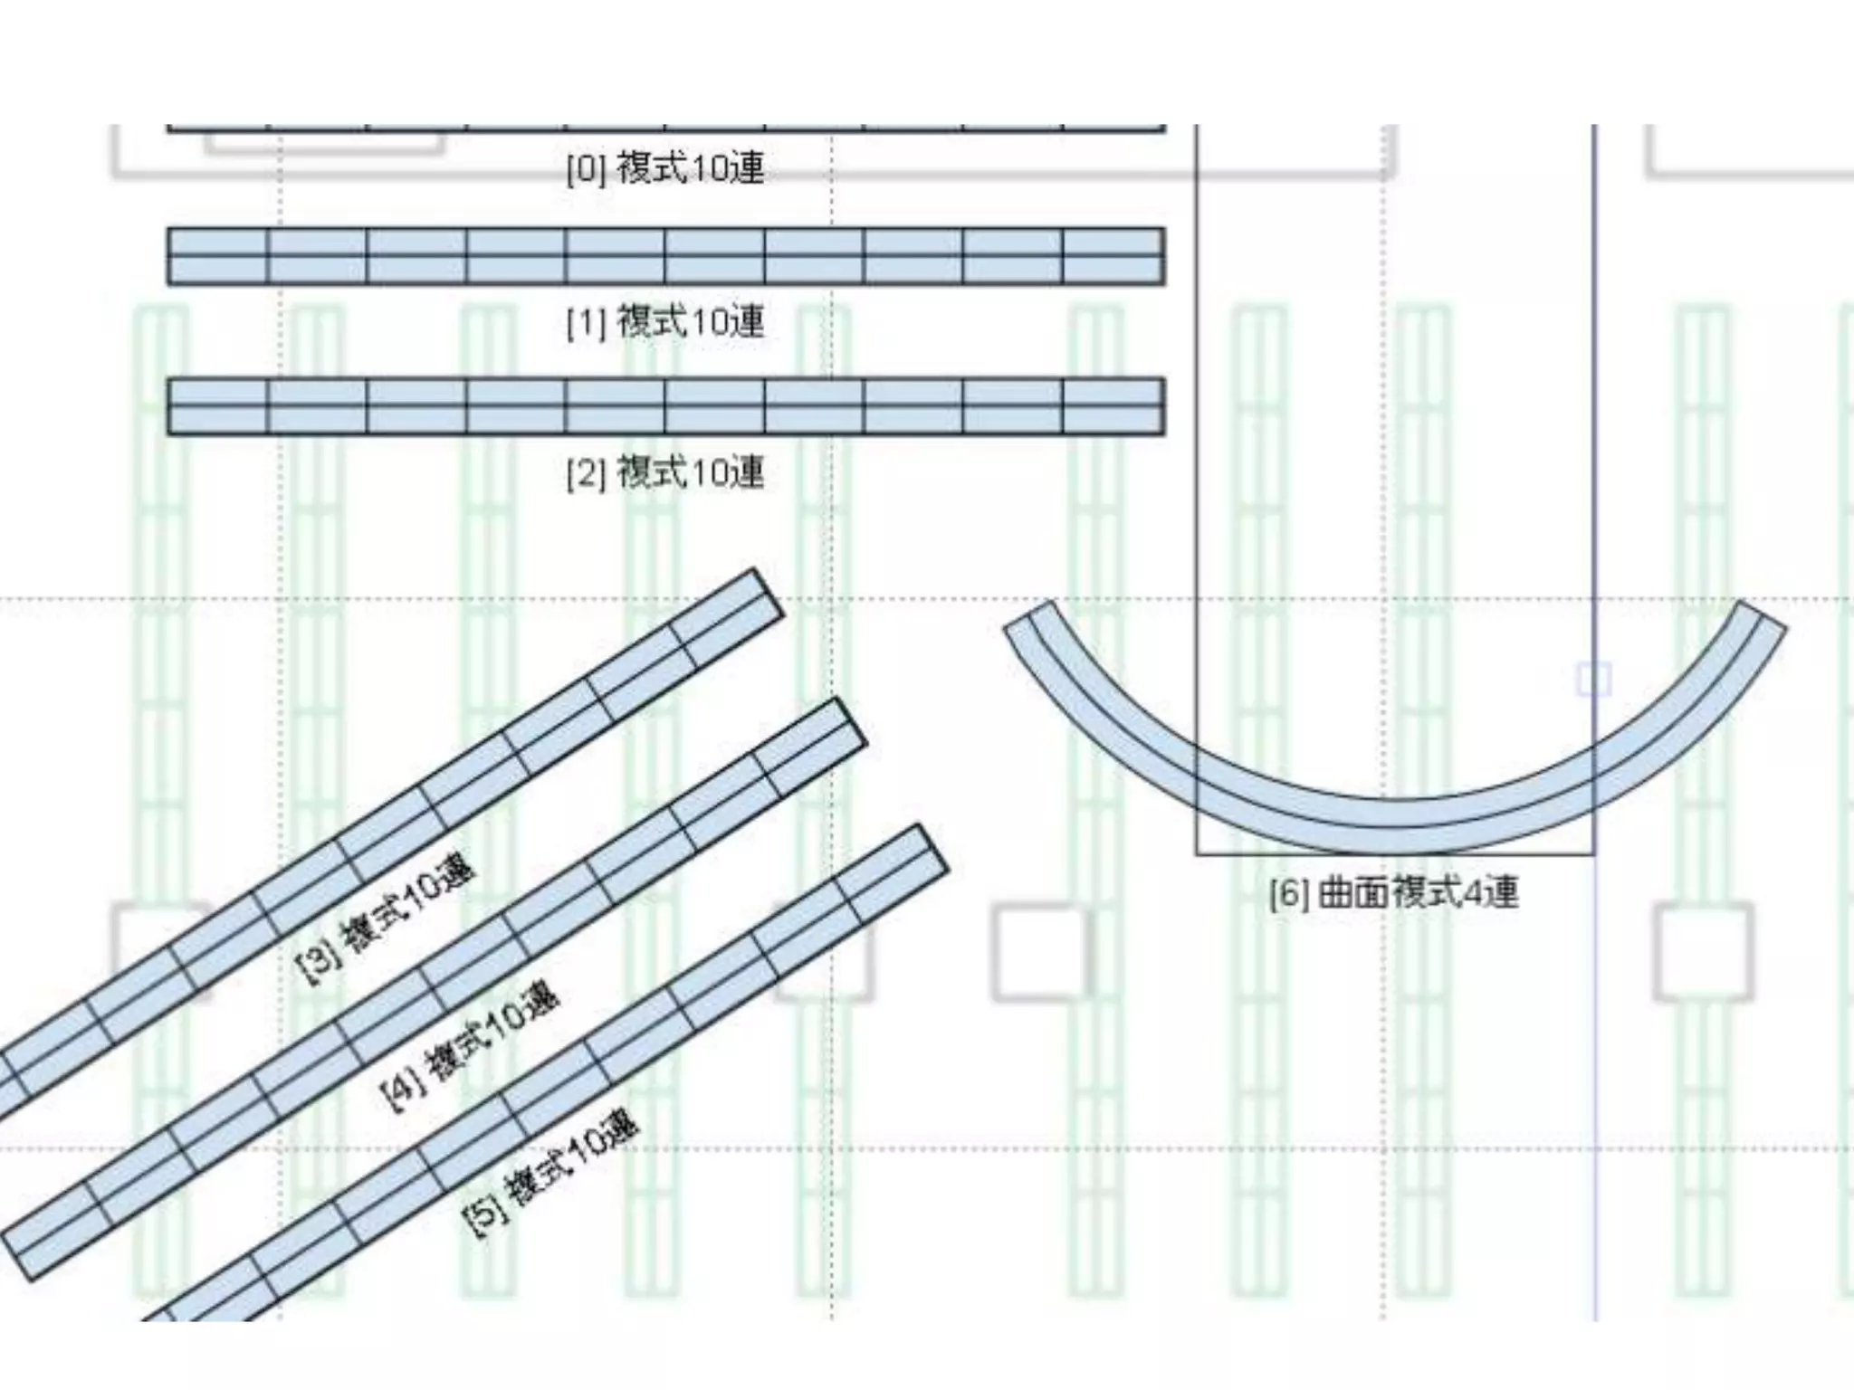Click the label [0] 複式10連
[x=665, y=168]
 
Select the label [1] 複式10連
[x=665, y=321]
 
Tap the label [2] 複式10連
[x=665, y=472]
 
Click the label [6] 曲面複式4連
[x=1394, y=893]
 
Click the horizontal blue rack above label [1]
[x=665, y=256]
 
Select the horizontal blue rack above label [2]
[x=665, y=406]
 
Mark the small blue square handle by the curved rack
[x=1593, y=679]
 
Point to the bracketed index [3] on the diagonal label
[x=318, y=963]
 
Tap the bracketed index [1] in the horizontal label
[x=586, y=323]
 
